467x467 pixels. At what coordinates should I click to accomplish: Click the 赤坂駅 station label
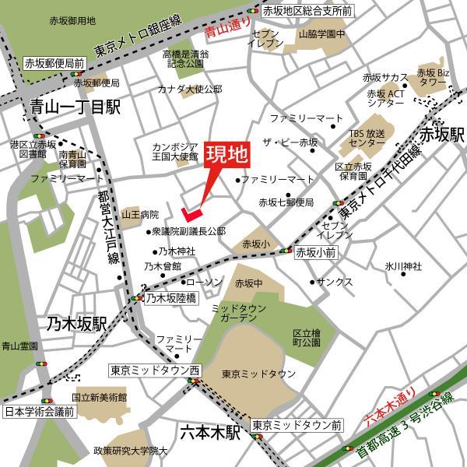pos(441,135)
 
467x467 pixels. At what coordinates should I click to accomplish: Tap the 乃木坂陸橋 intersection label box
pos(170,297)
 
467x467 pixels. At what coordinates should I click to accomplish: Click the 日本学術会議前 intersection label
pos(38,412)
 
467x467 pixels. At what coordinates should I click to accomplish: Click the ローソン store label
pos(205,281)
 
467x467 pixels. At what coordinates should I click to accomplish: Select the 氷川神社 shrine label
pos(403,267)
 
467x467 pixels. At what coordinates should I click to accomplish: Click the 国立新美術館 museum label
pos(100,397)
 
